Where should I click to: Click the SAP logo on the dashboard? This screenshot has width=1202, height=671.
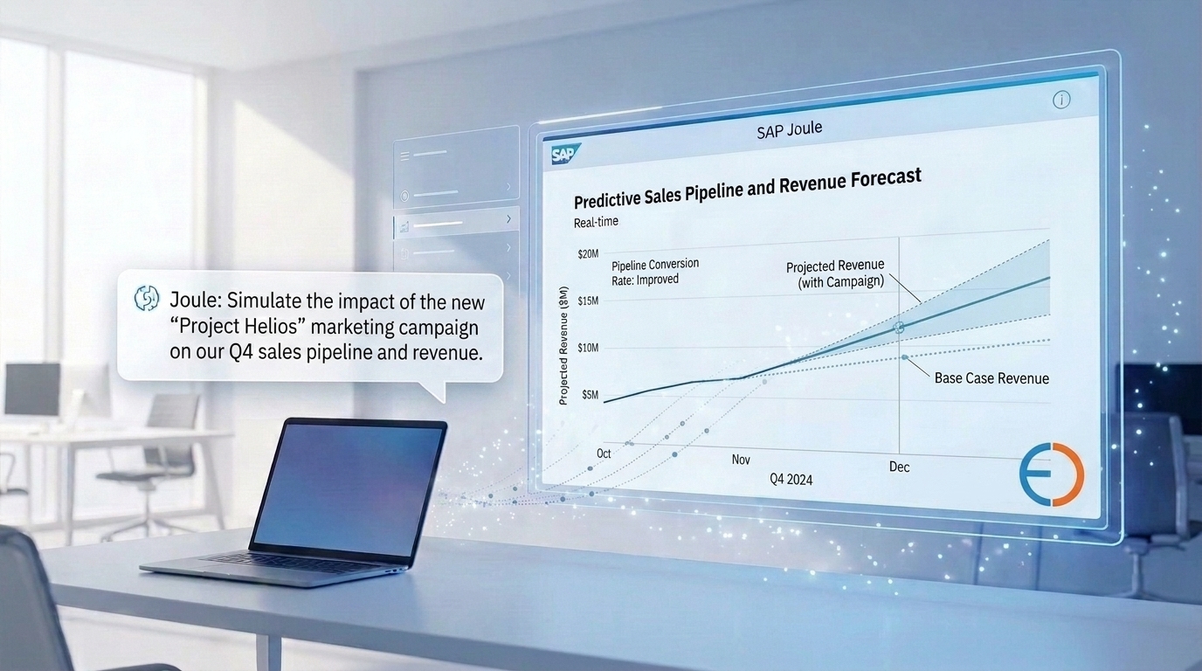tap(565, 155)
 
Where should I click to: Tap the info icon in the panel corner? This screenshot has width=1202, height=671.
tap(1060, 100)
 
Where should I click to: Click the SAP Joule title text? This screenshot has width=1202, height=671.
tap(790, 130)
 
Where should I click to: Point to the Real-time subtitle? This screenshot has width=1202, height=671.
tap(596, 222)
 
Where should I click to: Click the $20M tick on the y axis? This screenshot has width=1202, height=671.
tap(588, 254)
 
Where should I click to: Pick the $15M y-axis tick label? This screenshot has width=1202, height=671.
tap(588, 301)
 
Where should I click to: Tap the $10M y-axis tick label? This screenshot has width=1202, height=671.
tap(588, 348)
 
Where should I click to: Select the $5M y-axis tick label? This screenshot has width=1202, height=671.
tap(590, 395)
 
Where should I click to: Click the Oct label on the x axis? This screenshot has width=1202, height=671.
tap(604, 453)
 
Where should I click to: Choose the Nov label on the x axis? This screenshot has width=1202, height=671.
tap(741, 460)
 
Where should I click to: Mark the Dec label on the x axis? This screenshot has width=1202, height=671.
tap(900, 467)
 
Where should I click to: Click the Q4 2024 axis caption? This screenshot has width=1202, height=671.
tap(791, 480)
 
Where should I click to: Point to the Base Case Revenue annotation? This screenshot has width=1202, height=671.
tap(991, 378)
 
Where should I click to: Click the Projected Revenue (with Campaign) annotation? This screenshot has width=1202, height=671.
tap(835, 273)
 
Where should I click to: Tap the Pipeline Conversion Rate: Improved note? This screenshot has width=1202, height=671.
tap(655, 272)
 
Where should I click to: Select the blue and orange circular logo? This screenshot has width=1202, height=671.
tap(1052, 474)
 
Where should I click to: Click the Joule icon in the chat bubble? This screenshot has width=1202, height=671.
tap(147, 298)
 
